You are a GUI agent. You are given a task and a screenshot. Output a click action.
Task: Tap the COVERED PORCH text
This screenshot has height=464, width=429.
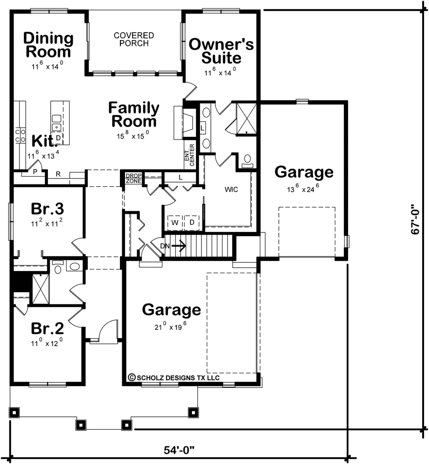pos(134,39)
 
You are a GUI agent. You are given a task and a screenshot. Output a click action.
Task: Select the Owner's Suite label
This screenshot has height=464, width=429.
pos(221,51)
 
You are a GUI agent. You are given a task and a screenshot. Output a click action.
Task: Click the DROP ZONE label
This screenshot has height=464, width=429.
pos(133,178)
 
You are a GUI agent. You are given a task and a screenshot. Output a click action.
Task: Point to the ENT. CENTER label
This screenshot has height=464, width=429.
pos(189,155)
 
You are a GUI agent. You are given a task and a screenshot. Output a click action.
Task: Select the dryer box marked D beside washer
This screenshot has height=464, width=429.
pos(191,222)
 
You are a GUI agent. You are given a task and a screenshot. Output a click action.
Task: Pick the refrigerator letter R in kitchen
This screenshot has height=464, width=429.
pos(58,174)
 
